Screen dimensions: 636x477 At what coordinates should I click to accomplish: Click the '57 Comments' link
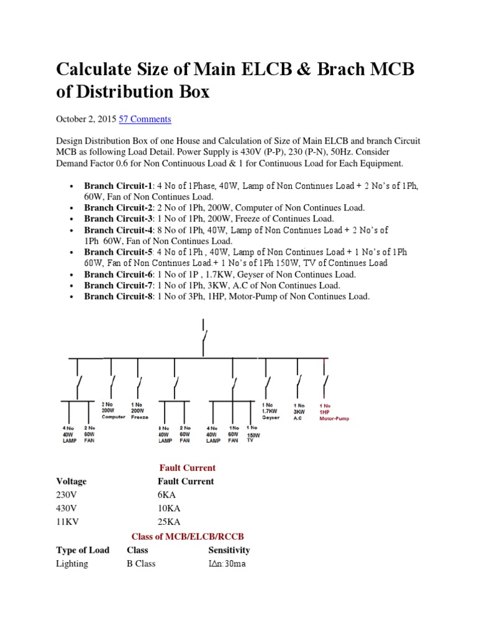coord(145,119)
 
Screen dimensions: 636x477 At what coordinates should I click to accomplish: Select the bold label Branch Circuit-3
coord(118,219)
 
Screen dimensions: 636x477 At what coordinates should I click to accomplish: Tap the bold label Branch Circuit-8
coord(118,297)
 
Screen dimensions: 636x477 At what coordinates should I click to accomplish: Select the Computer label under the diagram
coord(114,417)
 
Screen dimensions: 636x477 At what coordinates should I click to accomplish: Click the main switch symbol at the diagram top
coord(203,336)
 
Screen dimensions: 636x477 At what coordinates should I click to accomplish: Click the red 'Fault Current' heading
coord(187,468)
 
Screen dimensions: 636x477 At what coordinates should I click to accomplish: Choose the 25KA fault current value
coord(169,522)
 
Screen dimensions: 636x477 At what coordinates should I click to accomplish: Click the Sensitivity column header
coord(229,550)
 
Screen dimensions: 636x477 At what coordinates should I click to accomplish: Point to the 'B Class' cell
coord(141,563)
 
